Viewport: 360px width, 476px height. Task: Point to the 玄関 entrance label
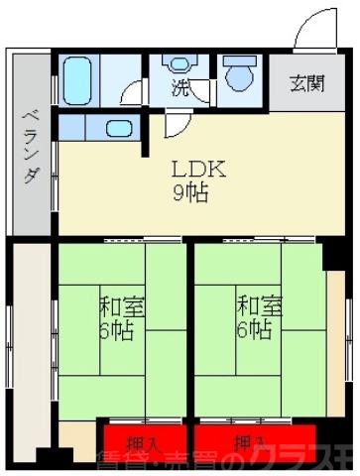click(x=306, y=84)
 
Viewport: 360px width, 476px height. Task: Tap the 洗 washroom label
click(x=180, y=86)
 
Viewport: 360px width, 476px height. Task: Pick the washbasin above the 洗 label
click(x=179, y=64)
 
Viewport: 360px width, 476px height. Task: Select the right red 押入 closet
click(x=256, y=440)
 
